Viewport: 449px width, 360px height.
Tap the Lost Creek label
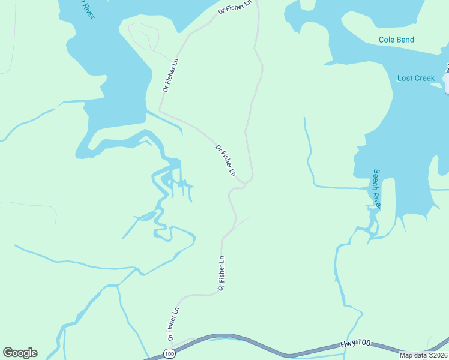click(416, 78)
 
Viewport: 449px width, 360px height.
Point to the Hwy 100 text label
click(355, 344)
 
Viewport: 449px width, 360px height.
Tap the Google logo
click(20, 353)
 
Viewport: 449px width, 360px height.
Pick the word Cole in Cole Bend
click(388, 40)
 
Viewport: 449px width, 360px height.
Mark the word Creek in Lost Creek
click(424, 78)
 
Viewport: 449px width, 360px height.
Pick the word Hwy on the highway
click(348, 344)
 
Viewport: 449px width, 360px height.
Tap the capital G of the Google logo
click(8, 353)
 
